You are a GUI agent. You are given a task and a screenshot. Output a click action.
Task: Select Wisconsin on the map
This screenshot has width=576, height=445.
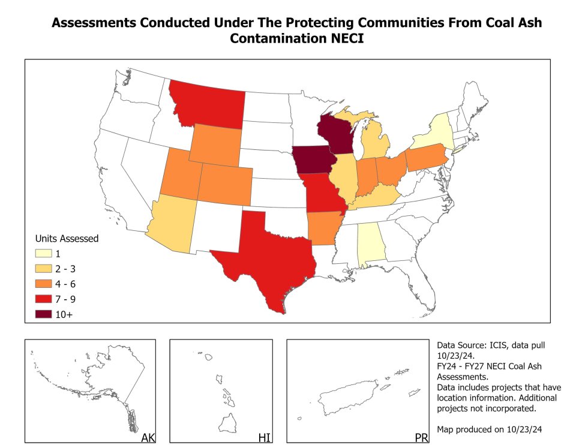tap(334, 133)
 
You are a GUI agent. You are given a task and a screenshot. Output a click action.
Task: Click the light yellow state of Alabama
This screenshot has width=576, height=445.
tap(370, 244)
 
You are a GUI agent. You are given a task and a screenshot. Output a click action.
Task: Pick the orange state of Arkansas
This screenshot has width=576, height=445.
tap(324, 230)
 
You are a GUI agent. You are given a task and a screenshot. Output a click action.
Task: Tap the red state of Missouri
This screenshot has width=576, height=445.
tap(323, 194)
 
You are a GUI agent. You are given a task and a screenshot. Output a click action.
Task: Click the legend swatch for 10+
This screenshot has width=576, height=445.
tap(44, 314)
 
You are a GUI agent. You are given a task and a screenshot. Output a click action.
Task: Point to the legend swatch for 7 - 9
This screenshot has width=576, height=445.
tap(44, 299)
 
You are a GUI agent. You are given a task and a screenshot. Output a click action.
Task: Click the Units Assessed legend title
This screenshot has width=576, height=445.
tap(67, 239)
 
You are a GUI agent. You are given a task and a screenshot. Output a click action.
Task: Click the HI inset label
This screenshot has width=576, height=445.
tap(264, 437)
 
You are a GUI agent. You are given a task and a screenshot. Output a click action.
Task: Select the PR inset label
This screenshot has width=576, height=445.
tap(422, 437)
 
